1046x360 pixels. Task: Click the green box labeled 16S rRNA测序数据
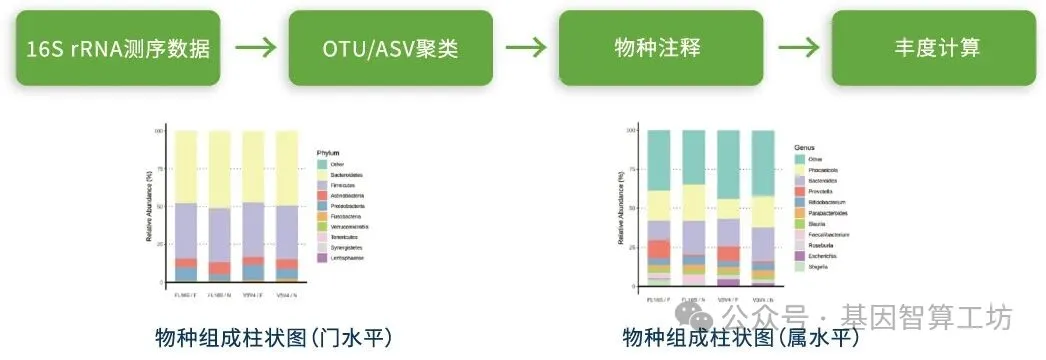click(117, 48)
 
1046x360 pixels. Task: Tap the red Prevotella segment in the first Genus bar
click(658, 249)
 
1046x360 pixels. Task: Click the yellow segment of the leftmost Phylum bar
click(185, 166)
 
